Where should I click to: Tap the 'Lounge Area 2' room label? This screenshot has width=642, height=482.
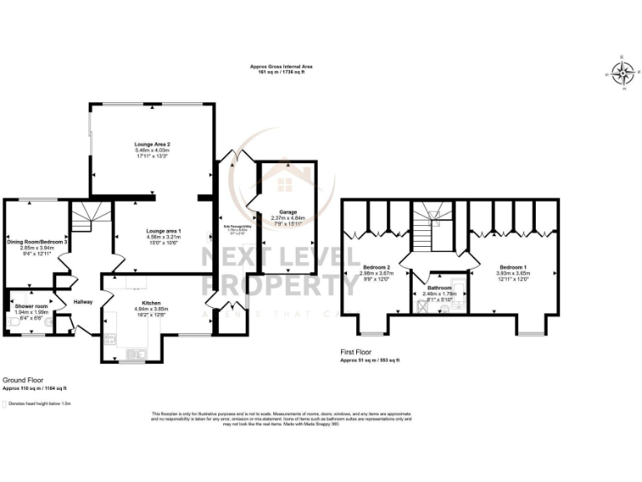(x=146, y=144)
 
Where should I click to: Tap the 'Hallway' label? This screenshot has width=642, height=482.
(x=83, y=302)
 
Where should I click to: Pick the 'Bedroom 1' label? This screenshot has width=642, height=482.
(x=513, y=266)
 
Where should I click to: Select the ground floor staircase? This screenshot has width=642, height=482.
(x=84, y=218)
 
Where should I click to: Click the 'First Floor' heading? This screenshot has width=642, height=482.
(x=356, y=352)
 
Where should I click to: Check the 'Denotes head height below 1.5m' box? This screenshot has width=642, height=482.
(x=4, y=403)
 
